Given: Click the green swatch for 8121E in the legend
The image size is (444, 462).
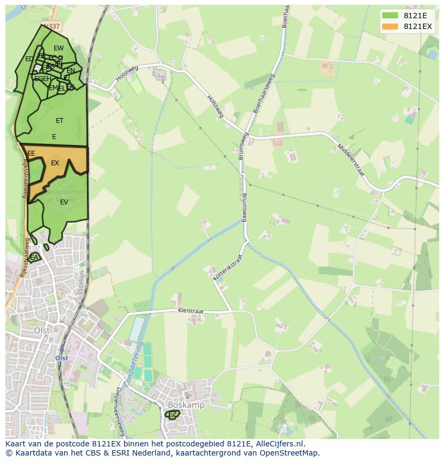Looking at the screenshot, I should click(390, 16).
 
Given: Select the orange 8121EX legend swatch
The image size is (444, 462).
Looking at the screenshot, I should click(390, 26).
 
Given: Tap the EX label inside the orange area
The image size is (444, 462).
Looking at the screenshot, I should click(55, 163).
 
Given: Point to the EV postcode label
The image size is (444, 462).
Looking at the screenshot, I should click(64, 202).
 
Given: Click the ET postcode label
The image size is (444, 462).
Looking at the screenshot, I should click(60, 121).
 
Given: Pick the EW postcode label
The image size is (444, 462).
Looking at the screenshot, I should click(58, 48).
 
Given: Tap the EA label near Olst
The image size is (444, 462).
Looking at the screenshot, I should click(34, 258).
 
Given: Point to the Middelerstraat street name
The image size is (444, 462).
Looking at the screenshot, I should click(351, 159).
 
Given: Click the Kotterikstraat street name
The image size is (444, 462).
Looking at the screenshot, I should click(228, 267).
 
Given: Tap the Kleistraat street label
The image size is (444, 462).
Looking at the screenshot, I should click(192, 311).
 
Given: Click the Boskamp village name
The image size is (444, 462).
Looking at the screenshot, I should click(186, 405).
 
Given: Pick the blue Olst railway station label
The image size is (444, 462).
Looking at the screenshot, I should click(62, 358).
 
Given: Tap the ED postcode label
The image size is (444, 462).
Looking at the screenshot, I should click(29, 59).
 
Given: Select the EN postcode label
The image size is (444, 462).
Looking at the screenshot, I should click(71, 71).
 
